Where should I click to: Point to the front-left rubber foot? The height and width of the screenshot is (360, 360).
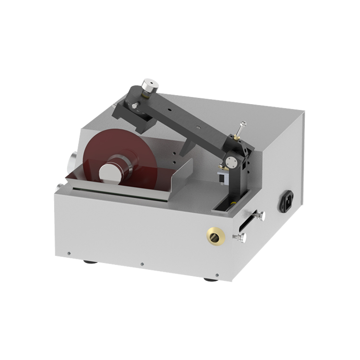coord(89,262)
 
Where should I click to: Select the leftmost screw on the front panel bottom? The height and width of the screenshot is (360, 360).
coord(70,253)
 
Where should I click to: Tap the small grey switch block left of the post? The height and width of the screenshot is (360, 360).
coord(222,177)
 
